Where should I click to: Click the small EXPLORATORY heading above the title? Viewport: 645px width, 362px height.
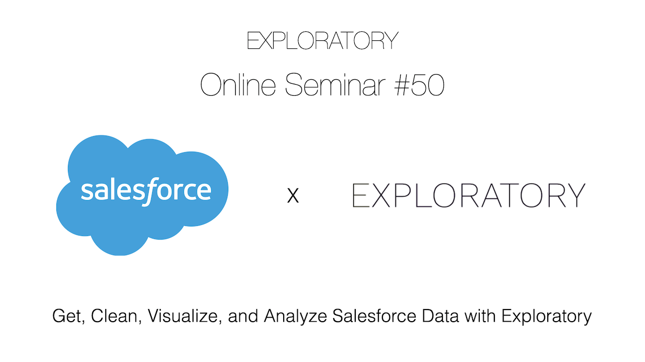tap(322, 41)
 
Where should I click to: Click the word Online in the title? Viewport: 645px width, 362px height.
tap(238, 85)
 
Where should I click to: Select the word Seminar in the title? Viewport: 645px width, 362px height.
tap(335, 85)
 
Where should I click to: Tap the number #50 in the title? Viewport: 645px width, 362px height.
tap(419, 85)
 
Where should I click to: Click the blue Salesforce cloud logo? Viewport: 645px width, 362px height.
tap(142, 195)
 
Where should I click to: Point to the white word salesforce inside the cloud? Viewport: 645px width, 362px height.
tap(146, 191)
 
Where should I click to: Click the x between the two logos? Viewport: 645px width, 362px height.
tap(293, 196)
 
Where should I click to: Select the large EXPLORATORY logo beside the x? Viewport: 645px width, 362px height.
tap(469, 195)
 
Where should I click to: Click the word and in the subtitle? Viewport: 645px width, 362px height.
tap(243, 316)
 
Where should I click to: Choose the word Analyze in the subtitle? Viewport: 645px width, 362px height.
tap(295, 317)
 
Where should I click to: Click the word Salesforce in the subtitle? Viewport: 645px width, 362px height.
tap(374, 316)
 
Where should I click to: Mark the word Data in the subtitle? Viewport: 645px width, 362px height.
tap(440, 316)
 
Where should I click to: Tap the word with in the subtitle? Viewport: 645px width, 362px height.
tap(480, 316)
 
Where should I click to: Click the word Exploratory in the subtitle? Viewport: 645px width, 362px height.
tap(547, 317)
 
